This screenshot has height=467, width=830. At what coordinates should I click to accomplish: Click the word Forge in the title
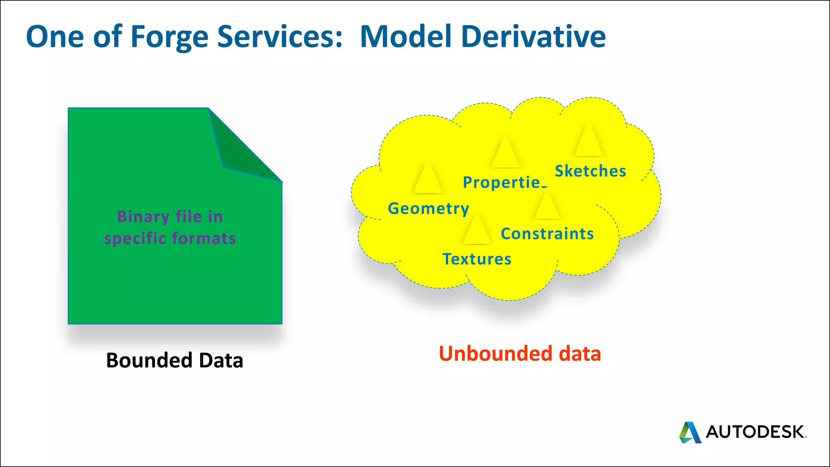169,37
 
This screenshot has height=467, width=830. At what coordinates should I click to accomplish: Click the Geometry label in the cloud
428,209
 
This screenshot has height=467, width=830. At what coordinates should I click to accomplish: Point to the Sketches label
590,171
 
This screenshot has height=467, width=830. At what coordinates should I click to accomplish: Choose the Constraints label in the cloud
547,234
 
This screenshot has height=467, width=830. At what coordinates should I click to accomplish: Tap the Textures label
477,259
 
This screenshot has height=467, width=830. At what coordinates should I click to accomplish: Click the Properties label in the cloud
505,182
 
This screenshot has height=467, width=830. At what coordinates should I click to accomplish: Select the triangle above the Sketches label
588,141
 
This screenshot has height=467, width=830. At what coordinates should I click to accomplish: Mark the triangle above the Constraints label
547,207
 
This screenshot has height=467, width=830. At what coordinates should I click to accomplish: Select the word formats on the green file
203,238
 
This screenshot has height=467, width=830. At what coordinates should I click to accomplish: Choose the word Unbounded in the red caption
495,353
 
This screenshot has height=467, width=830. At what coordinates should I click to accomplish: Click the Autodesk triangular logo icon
690,432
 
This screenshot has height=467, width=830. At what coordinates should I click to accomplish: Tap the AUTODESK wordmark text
755,432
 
